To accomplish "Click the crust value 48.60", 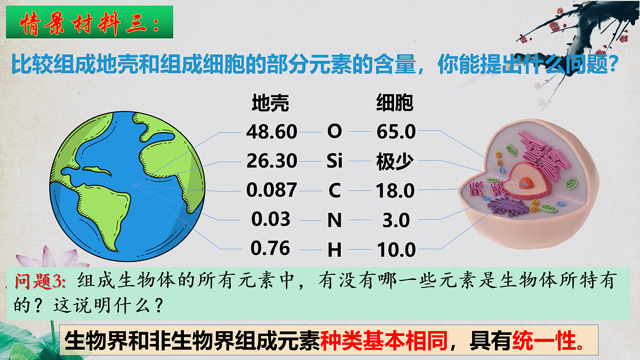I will point(271,131).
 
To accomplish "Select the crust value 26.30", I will point(271,161).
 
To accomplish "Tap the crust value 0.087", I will point(271,190).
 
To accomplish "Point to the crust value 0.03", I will point(271,219).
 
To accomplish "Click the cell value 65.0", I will point(396,131).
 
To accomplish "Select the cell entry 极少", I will point(395,161).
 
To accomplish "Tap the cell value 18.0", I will point(395,190).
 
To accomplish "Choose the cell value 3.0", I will point(396,219).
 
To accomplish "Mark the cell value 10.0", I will point(396,249).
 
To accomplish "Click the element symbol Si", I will point(334,161).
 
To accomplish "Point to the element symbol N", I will point(334,219).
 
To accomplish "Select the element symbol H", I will point(334,249).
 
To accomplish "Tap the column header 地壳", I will point(270,103).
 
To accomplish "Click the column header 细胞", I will point(395,103).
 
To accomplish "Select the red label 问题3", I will point(41,281).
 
